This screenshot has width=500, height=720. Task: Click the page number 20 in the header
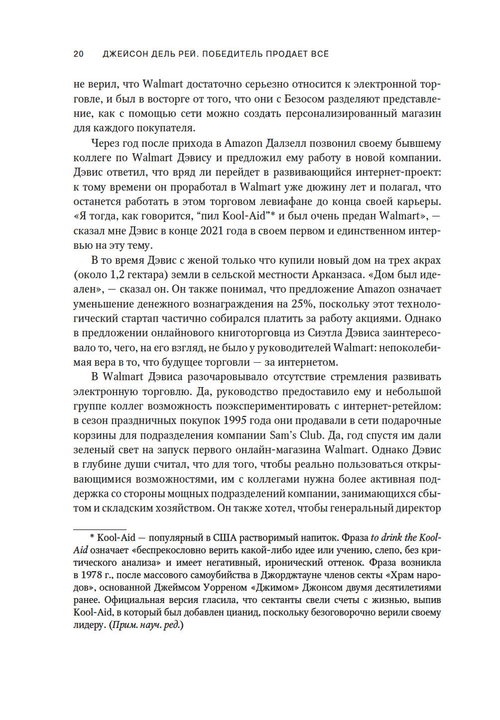(78, 54)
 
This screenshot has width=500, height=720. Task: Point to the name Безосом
(305, 99)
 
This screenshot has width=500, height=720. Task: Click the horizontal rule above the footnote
(99, 529)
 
